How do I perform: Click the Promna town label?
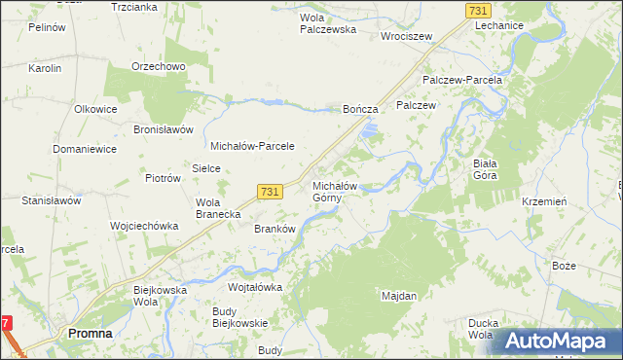point(90,333)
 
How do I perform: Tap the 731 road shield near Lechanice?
point(477,10)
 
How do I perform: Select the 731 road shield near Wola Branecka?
point(271,193)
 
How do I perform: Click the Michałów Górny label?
point(336,192)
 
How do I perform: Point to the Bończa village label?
point(360,111)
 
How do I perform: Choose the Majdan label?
point(399,295)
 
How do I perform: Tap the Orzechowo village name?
point(159,67)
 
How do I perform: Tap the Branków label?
point(274,229)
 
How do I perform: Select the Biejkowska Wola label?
point(159,296)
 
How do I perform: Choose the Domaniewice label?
point(85,150)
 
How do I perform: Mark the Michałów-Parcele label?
point(253,146)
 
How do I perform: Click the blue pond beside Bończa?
point(369,130)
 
